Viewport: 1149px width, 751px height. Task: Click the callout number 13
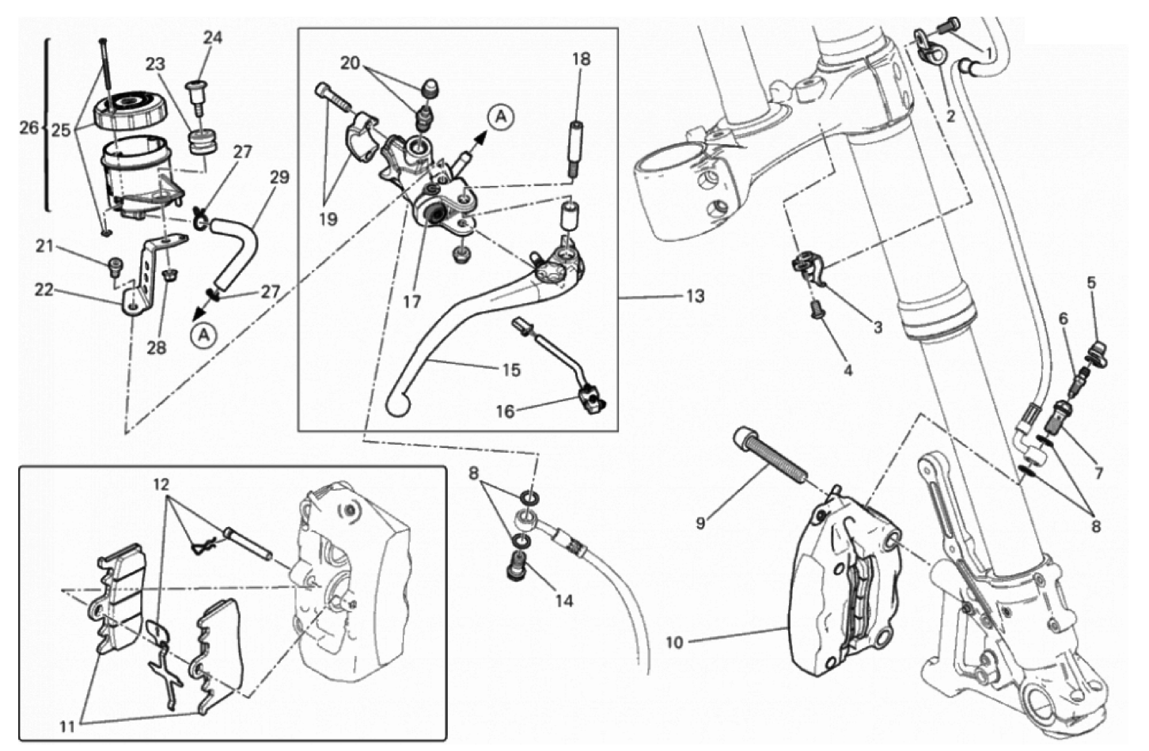(694, 297)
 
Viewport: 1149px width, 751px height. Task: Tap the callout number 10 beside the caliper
(673, 643)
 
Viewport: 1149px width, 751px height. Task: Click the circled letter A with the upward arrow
(499, 117)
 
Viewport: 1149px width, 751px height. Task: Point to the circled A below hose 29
(203, 335)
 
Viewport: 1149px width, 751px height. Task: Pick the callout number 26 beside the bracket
(28, 127)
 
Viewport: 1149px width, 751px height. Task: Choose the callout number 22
(44, 290)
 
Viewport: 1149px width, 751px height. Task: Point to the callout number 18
(582, 59)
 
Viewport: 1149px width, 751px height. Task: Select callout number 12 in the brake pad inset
(161, 484)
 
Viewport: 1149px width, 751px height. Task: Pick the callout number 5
(1091, 283)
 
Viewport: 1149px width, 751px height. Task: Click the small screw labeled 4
(815, 311)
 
